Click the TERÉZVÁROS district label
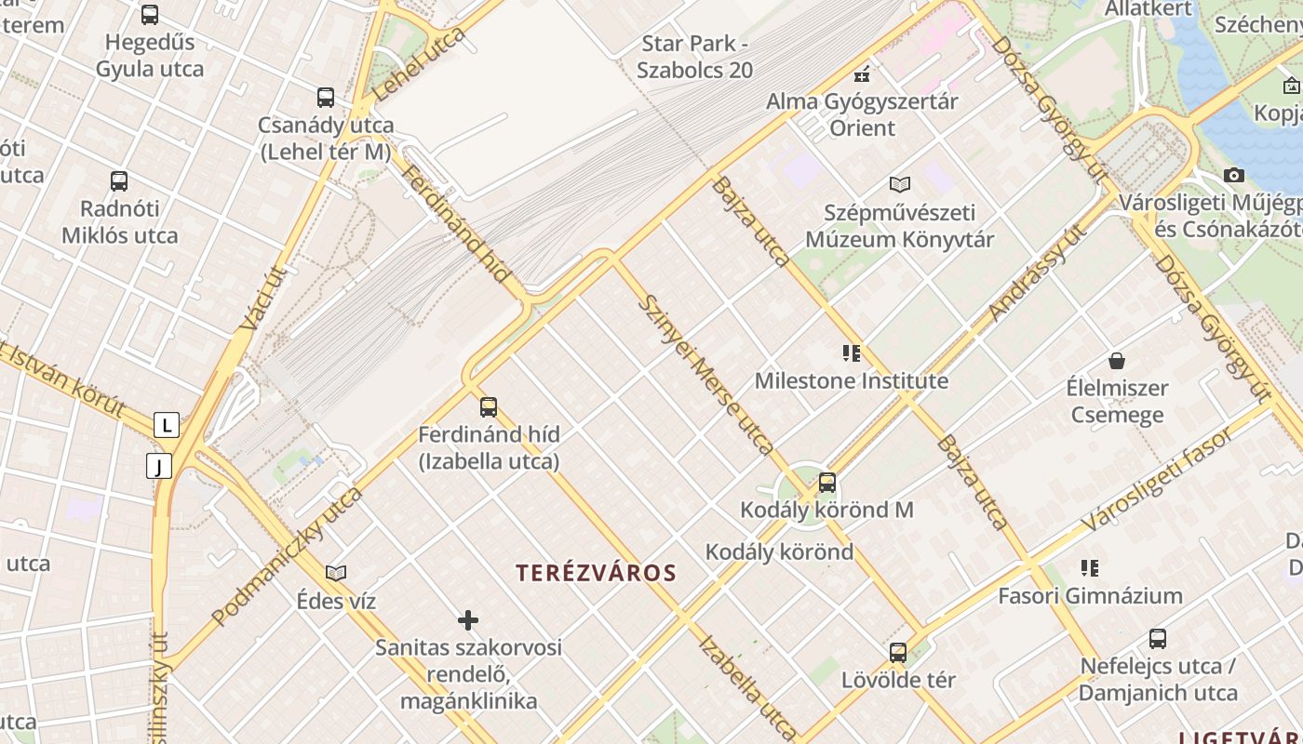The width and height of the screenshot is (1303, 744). (597, 573)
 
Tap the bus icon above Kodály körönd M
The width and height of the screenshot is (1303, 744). (826, 483)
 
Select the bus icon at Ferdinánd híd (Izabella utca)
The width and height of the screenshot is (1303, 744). (489, 407)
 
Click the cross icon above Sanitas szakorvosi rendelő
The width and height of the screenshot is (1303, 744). (468, 620)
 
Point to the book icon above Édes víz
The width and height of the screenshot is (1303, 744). (336, 574)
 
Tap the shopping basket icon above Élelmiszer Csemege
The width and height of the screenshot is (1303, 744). (1117, 361)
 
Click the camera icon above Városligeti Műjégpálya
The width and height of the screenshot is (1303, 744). (1234, 175)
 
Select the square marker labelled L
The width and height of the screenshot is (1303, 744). (167, 426)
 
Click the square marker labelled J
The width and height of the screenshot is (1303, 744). (159, 466)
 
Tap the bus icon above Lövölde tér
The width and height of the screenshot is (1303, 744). (898, 653)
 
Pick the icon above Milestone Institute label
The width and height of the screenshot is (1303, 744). (852, 353)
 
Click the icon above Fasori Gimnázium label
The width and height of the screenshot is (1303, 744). (1090, 568)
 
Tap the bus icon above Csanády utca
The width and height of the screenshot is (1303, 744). (326, 98)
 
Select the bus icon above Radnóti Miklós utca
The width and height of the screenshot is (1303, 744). (119, 181)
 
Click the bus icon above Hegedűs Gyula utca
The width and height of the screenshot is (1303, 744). (150, 15)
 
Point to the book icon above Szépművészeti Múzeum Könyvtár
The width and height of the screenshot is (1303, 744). (899, 184)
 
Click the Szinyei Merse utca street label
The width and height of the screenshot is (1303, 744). (705, 375)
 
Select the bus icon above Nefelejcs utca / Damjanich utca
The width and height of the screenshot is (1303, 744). (1158, 639)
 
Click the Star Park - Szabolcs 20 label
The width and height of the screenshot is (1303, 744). (695, 57)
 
